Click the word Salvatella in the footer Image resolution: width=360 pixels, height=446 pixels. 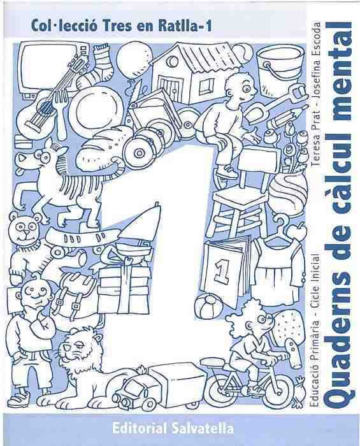202,428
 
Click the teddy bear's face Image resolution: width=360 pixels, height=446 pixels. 24,227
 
